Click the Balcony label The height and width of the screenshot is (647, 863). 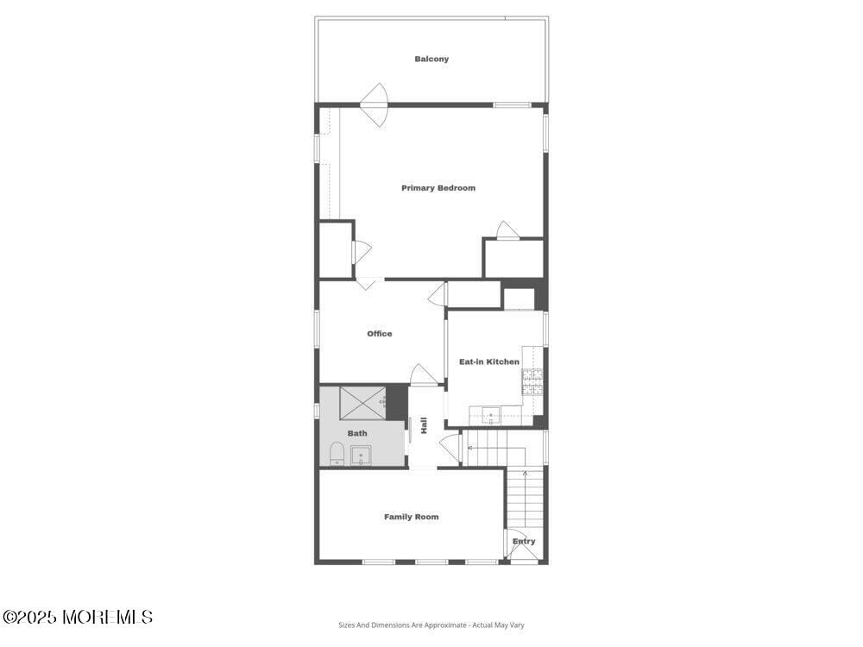click(431, 60)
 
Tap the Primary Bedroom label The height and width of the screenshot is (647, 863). click(438, 188)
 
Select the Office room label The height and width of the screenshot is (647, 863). click(380, 334)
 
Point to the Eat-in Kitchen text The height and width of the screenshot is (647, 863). click(489, 362)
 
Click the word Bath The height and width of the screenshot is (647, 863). click(357, 433)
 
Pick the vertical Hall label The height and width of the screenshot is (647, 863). click(424, 425)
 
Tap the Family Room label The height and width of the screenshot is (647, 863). click(412, 517)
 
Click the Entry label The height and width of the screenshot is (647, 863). click(524, 542)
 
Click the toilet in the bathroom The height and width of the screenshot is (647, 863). click(337, 453)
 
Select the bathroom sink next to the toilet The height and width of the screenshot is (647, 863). click(361, 455)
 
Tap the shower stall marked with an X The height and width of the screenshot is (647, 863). click(361, 402)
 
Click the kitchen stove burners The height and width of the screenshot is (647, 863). click(532, 381)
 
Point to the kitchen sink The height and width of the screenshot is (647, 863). click(491, 417)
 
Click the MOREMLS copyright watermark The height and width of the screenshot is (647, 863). click(78, 617)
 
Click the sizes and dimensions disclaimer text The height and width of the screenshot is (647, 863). click(431, 625)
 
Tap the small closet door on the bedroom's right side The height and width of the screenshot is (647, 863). click(507, 230)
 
